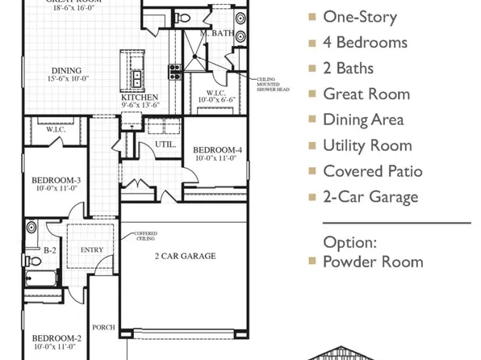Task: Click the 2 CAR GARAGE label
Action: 185,256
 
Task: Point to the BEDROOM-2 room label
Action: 56,337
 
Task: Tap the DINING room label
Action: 61,69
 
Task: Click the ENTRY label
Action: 92,249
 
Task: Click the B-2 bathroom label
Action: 49,250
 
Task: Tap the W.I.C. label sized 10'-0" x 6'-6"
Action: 215,93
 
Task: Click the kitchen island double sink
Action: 136,78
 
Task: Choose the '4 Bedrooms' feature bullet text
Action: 365,42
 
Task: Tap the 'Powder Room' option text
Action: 373,262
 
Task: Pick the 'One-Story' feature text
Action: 360,16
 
